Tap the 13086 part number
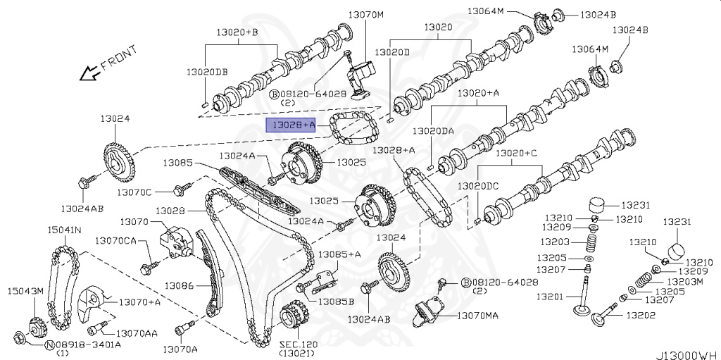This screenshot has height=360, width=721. click(x=179, y=285)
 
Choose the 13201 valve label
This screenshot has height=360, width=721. click(x=549, y=297)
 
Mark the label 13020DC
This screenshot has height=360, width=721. click(x=478, y=186)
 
